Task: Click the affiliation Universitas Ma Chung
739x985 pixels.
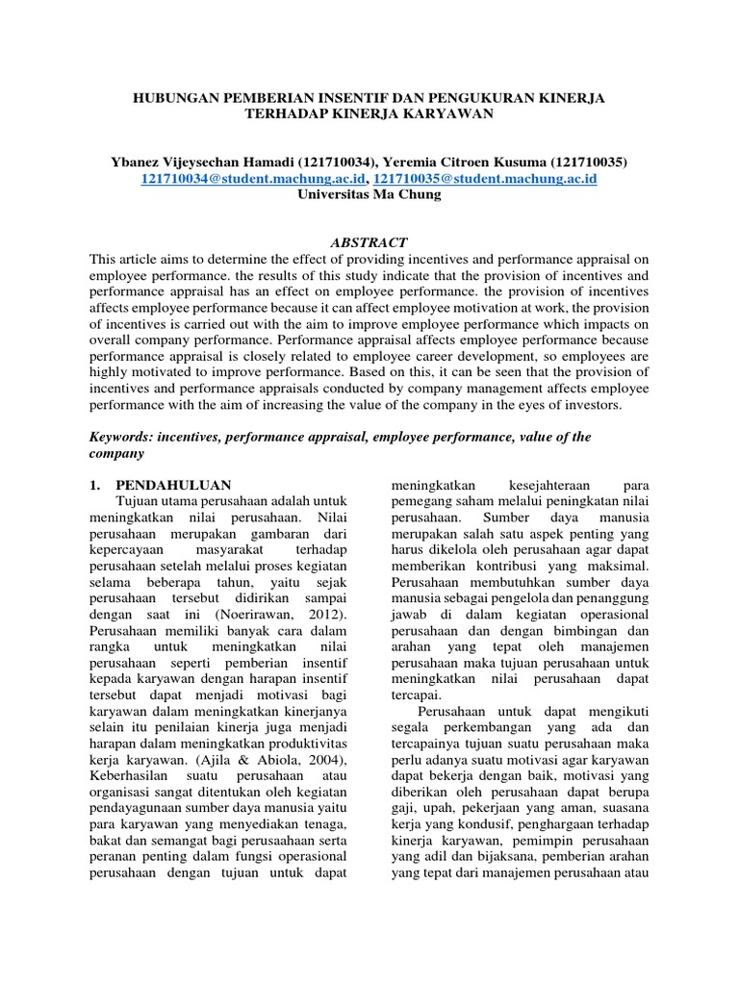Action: click(x=369, y=194)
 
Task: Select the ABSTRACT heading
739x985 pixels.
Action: click(x=369, y=242)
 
